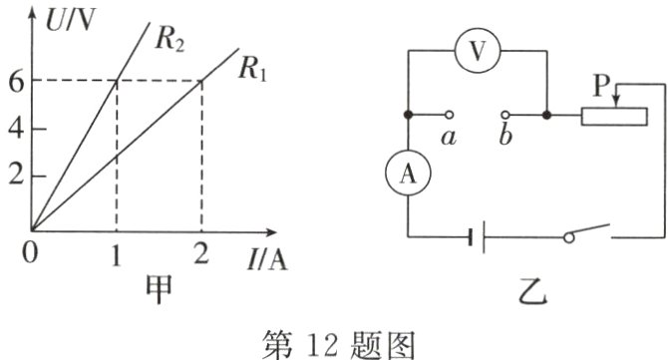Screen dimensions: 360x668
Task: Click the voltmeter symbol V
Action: [478, 53]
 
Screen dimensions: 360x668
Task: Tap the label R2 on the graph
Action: [172, 41]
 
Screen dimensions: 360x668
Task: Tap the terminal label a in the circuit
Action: [449, 139]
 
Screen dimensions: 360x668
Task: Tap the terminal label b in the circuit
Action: [505, 139]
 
